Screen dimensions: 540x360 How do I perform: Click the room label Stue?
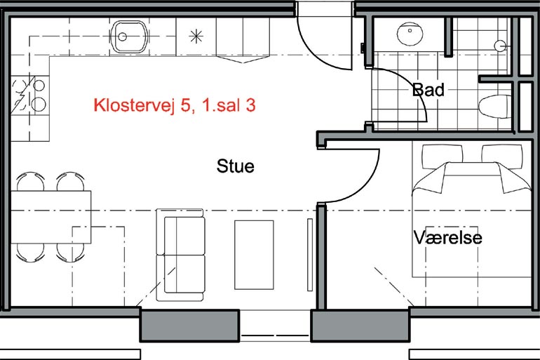236,166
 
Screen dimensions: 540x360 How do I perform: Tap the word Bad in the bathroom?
428,90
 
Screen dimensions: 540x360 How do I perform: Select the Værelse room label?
447,237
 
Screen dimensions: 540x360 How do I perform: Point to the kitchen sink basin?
130,36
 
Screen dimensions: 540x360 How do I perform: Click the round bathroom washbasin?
410,34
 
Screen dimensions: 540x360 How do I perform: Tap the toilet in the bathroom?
495,107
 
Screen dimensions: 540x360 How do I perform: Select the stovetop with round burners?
30,95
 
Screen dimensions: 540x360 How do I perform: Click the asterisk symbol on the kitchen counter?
196,36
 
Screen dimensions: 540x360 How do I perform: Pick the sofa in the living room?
180,255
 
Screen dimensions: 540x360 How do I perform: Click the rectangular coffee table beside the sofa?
254,255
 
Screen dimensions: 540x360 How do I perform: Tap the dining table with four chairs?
51,217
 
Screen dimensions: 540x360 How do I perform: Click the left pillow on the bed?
443,155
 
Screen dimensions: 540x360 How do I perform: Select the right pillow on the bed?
502,155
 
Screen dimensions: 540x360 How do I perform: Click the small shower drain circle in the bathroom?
500,46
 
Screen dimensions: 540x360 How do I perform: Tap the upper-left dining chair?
30,181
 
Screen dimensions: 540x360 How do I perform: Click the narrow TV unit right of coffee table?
310,255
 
